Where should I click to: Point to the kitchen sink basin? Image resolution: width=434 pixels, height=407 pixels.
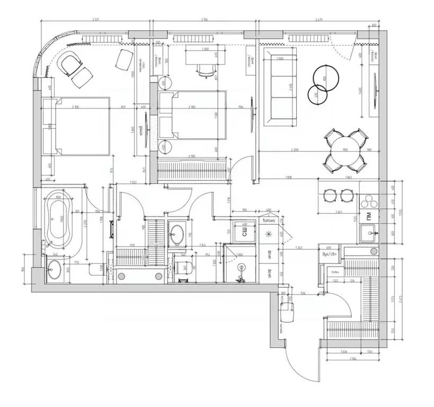pos(369,232)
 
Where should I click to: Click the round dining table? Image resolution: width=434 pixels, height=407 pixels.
pos(345,150)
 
